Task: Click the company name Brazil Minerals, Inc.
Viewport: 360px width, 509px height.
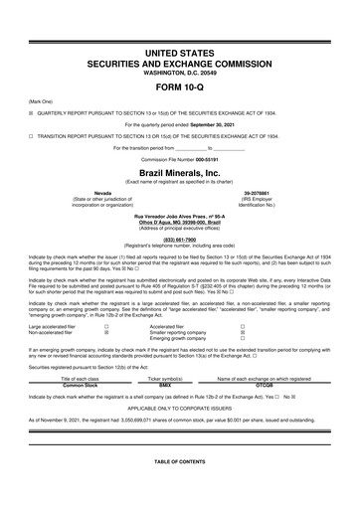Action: point(180,171)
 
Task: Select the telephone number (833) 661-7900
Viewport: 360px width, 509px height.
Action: point(180,239)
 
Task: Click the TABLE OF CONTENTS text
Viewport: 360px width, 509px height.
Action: point(180,464)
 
